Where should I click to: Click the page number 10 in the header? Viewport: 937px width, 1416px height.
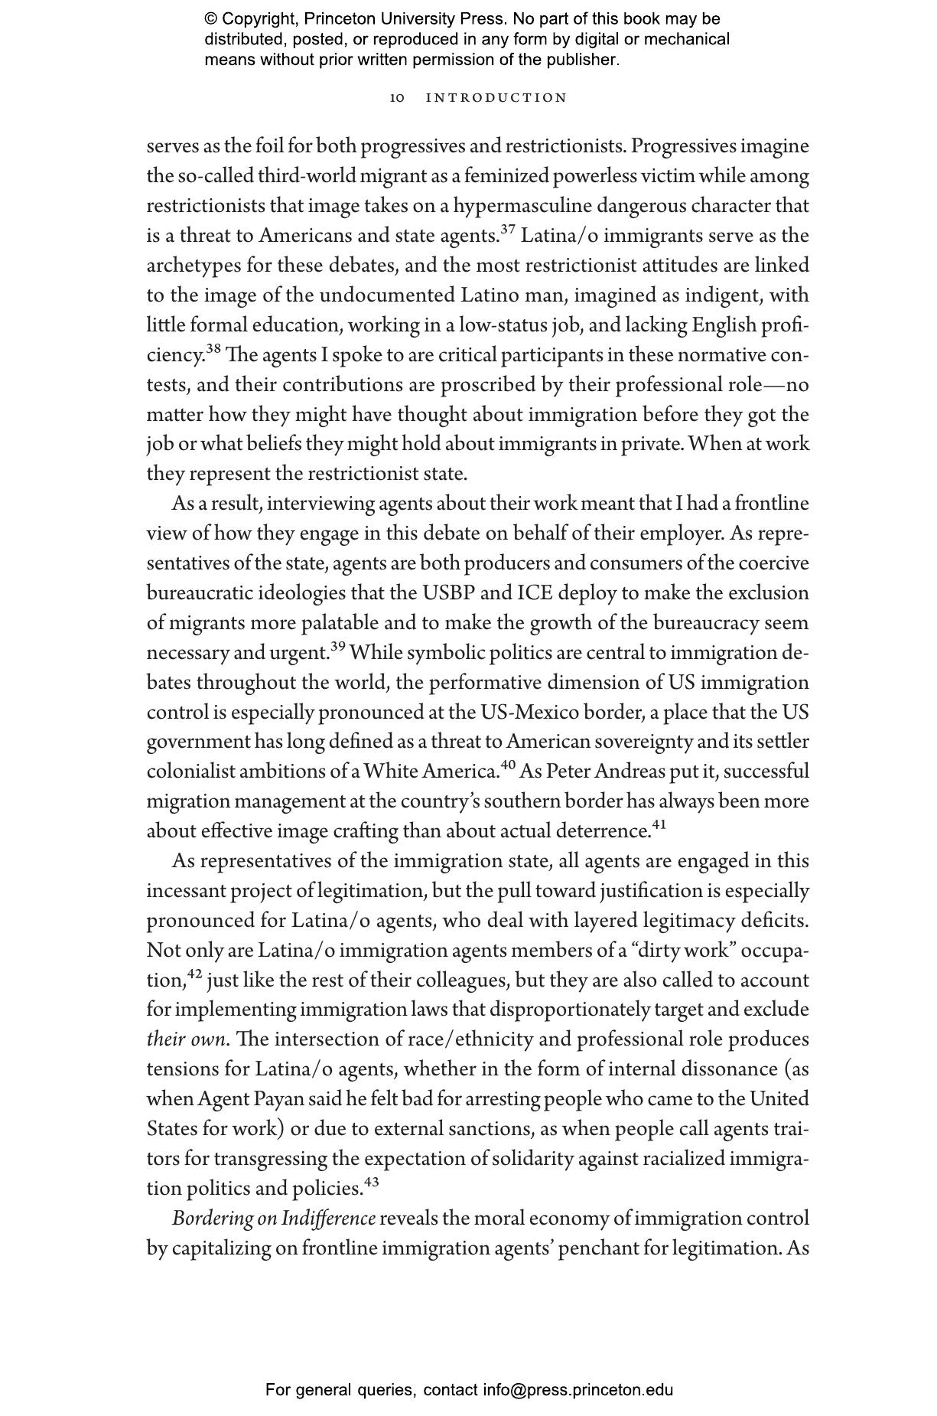(x=397, y=98)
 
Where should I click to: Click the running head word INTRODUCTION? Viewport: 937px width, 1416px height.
(x=496, y=98)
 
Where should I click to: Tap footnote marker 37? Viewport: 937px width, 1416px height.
(x=508, y=230)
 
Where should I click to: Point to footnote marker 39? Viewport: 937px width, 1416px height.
(x=338, y=647)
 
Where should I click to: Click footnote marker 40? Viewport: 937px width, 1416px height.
(x=508, y=765)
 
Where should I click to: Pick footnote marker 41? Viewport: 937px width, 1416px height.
(x=659, y=825)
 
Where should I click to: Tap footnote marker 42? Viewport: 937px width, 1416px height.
(x=194, y=974)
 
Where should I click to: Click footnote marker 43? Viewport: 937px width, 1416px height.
(x=372, y=1183)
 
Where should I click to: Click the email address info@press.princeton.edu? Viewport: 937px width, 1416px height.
(x=577, y=1390)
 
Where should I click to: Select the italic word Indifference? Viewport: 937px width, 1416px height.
(x=329, y=1219)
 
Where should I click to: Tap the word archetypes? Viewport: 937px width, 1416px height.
(x=192, y=266)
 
